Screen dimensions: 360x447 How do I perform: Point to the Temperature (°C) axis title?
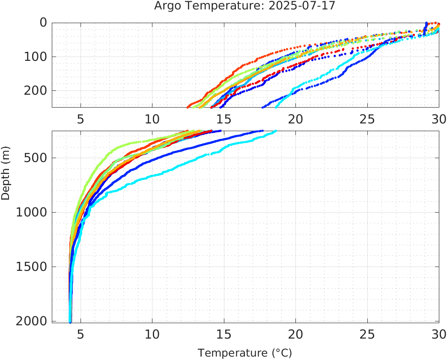tap(244, 353)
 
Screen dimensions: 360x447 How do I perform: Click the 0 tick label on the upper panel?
tap(43, 23)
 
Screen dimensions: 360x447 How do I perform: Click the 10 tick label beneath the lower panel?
tap(152, 334)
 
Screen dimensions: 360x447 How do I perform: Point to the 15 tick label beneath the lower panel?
tap(223, 334)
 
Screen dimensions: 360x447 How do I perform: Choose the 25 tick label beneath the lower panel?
tap(367, 334)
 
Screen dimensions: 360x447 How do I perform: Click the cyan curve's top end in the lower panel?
tap(276, 131)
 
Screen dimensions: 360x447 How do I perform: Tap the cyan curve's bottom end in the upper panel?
tap(276, 107)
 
